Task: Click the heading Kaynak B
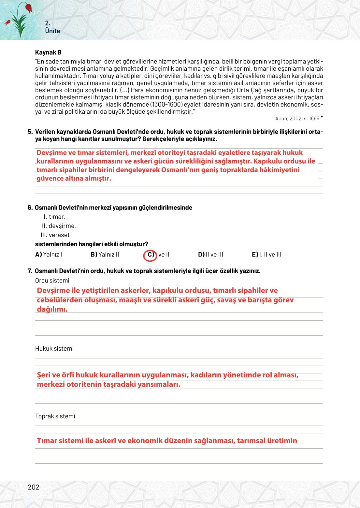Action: [x=48, y=52]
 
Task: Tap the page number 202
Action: [x=33, y=487]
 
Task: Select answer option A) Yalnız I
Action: [x=49, y=254]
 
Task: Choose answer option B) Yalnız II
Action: [x=105, y=254]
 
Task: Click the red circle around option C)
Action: [x=150, y=255]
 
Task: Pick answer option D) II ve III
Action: [x=210, y=254]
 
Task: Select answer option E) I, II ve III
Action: [x=266, y=254]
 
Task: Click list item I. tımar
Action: [x=54, y=217]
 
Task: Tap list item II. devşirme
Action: [x=59, y=226]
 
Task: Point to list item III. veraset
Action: [x=55, y=235]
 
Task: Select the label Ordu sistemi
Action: [x=52, y=281]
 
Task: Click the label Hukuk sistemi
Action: [x=54, y=349]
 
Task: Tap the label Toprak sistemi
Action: [x=55, y=416]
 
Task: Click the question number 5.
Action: [x=30, y=132]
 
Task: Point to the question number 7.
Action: [x=30, y=271]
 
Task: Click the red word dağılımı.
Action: [x=52, y=309]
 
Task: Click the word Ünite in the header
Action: [x=52, y=31]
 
